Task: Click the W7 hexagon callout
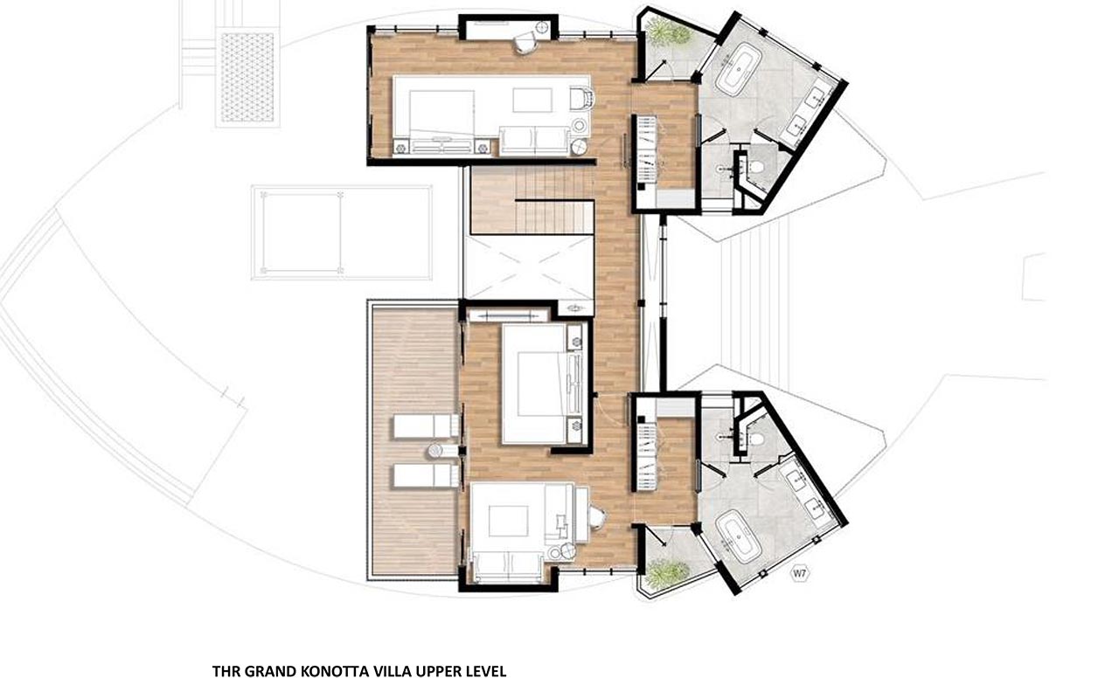click(799, 574)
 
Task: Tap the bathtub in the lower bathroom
click(737, 536)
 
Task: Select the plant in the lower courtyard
click(666, 573)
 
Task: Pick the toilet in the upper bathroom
click(756, 167)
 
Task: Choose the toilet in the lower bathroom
click(756, 439)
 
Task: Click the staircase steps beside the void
click(533, 200)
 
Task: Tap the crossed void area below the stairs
click(529, 267)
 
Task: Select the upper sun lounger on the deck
click(426, 426)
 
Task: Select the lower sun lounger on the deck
click(426, 476)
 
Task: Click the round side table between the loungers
click(435, 452)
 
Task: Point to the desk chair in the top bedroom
click(525, 42)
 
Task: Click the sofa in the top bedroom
click(535, 140)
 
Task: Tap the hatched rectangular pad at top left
click(247, 77)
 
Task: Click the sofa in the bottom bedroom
click(508, 567)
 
